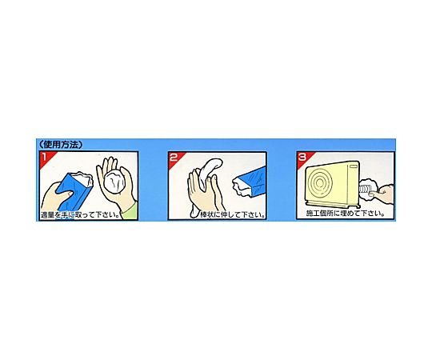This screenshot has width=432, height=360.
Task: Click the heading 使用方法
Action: point(61,145)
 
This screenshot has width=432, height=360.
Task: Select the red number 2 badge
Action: point(174,158)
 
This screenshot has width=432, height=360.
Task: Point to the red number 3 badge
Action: point(302,157)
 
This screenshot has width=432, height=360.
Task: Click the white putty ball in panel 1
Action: point(115,180)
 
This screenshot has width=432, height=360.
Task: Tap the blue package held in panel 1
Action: point(73,190)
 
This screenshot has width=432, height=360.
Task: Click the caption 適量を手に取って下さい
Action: point(82,215)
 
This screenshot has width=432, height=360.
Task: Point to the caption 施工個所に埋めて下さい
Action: point(346,214)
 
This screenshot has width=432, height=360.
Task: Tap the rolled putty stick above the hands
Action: point(210,170)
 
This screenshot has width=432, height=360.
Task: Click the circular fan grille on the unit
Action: point(320,182)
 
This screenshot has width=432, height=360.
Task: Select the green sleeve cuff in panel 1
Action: point(130,210)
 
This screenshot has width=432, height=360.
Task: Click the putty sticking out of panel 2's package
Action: point(240,188)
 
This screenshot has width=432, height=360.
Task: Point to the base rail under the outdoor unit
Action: point(334,203)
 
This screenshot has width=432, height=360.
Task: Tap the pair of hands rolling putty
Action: point(204,193)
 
